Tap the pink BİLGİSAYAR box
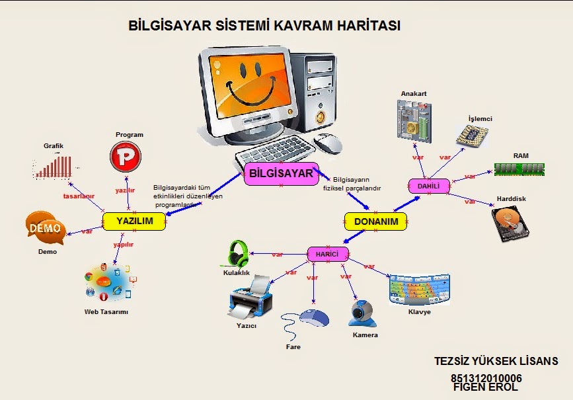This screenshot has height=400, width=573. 282,174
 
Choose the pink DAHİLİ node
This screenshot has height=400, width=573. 428,186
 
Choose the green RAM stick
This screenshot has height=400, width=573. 521,169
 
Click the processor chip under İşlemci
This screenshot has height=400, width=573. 477,134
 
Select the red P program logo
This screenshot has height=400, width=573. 126,157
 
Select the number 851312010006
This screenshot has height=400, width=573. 486,378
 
